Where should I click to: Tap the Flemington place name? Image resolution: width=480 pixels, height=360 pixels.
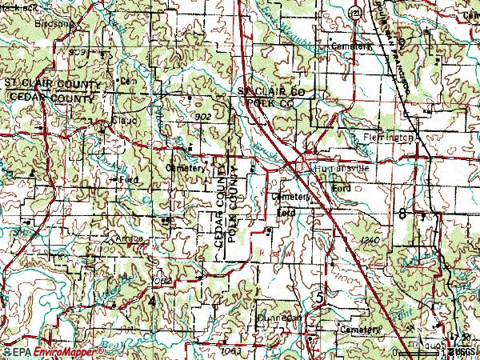coord(390,137)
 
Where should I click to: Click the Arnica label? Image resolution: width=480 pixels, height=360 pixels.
coord(128,238)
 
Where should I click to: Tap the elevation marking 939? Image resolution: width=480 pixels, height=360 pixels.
coord(77,51)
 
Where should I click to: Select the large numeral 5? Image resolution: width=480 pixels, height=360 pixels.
coord(321,298)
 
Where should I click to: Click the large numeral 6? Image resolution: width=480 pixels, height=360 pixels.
coord(400,214)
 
